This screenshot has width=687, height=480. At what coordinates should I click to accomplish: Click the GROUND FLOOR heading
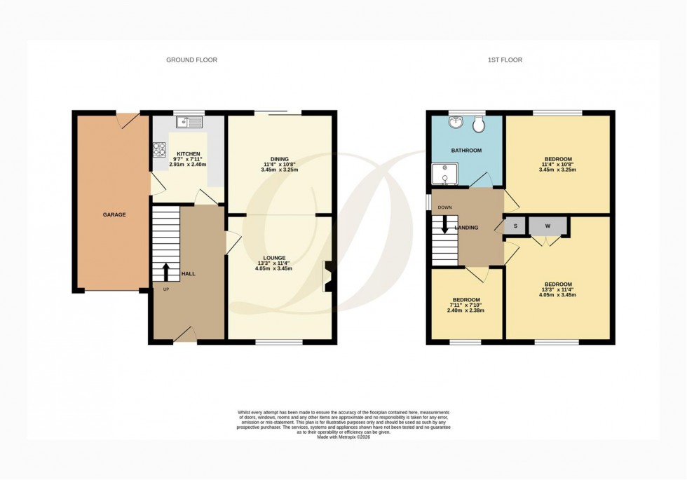tap(191, 60)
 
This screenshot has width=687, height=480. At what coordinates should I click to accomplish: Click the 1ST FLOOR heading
tap(505, 60)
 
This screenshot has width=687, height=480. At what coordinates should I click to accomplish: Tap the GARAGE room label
tap(114, 214)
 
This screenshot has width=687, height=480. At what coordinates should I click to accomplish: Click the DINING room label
tap(279, 159)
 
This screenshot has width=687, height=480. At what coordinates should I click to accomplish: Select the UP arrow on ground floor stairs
tap(166, 270)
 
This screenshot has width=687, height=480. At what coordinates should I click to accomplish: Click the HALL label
tap(189, 273)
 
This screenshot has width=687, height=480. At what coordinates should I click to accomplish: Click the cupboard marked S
tap(515, 226)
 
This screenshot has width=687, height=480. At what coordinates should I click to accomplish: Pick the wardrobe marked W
tap(547, 226)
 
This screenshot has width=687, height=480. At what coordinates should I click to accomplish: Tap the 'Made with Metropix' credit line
tap(343, 437)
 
